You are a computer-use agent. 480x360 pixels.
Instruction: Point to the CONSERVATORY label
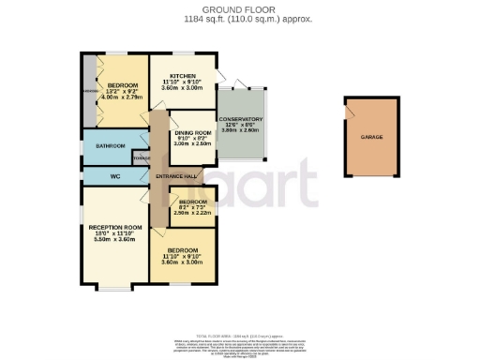tap(241, 119)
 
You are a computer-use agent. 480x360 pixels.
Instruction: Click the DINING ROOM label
tap(193, 132)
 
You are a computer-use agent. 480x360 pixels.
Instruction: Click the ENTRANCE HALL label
tap(175, 176)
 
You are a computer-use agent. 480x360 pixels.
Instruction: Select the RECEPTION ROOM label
tap(115, 227)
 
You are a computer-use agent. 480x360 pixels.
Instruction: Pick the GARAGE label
tap(372, 137)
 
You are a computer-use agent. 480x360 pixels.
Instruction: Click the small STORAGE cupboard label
tap(141, 158)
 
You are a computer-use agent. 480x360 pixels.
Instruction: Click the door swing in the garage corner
tap(351, 110)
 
